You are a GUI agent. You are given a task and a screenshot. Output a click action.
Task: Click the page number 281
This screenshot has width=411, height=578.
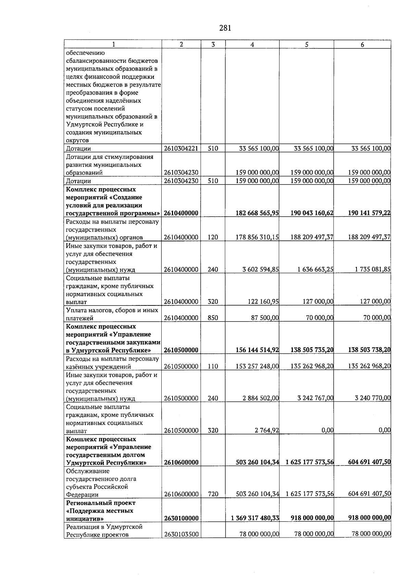tap(225, 28)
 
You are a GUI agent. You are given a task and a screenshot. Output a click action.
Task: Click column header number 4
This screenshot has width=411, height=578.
tap(252, 45)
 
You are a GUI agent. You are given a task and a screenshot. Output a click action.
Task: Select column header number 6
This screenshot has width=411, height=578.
tap(362, 45)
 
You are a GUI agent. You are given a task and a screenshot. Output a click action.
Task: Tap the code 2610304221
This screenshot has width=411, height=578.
tap(181, 148)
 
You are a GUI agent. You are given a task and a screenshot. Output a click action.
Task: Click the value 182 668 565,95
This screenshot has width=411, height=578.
tap(257, 213)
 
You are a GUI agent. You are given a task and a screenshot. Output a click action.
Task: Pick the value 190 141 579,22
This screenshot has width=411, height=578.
tap(369, 213)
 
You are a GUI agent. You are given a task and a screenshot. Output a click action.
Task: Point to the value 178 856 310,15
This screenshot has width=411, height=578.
tap(257, 237)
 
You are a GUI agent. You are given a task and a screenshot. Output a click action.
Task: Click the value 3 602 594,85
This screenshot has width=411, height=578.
tap(260, 269)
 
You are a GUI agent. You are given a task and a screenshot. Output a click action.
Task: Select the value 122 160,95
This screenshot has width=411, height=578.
tap(263, 302)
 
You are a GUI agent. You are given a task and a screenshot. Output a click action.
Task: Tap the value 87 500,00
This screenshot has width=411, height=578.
tap(265, 318)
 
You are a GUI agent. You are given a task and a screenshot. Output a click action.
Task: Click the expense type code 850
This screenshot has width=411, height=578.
tap(213, 318)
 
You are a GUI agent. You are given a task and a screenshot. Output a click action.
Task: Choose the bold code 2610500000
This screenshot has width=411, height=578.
tap(181, 350)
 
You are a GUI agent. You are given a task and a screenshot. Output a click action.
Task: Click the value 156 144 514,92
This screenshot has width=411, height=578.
tap(257, 350)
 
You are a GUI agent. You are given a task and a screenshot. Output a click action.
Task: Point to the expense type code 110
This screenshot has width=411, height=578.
tap(213, 366)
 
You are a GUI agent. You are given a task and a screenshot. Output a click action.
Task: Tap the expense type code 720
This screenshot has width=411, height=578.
tap(213, 494)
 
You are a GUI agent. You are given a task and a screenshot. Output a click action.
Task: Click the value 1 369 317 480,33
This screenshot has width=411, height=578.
tap(255, 518)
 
